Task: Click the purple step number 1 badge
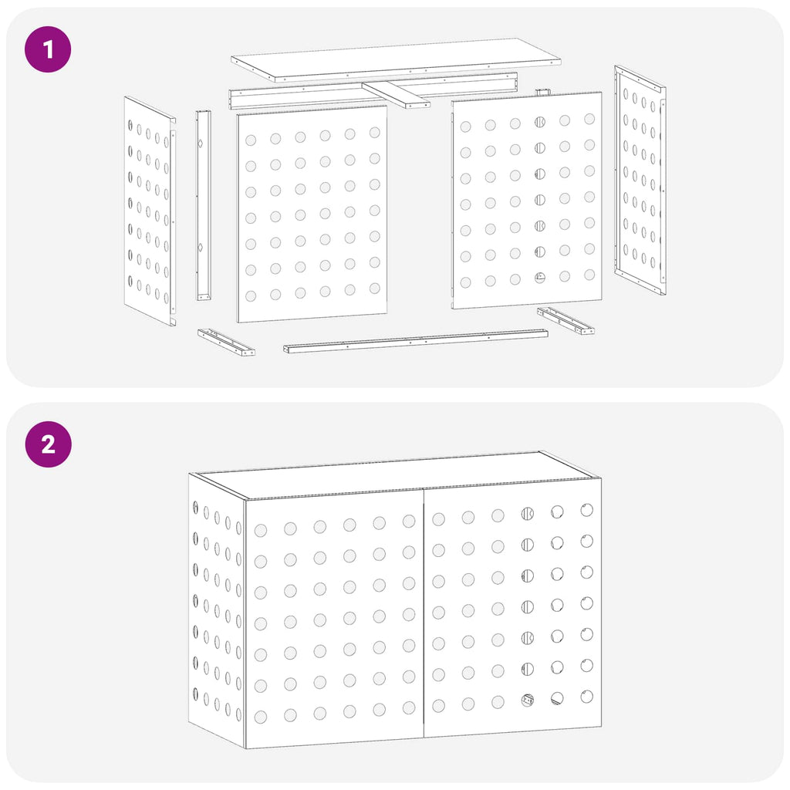pyautogui.click(x=48, y=49)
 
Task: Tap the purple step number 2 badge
pyautogui.click(x=49, y=444)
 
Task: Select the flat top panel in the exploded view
pyautogui.click(x=396, y=59)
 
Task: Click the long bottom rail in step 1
pyautogui.click(x=415, y=341)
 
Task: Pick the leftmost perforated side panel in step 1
pyautogui.click(x=150, y=211)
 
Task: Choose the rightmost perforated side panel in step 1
pyautogui.click(x=640, y=180)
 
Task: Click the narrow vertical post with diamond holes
pyautogui.click(x=204, y=205)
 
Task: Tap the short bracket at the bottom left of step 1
pyautogui.click(x=226, y=342)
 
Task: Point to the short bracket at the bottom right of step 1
pyautogui.click(x=565, y=320)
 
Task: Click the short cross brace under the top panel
pyautogui.click(x=396, y=95)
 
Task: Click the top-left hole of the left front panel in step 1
pyautogui.click(x=251, y=140)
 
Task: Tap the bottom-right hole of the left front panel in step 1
pyautogui.click(x=374, y=289)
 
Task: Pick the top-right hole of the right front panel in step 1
pyautogui.click(x=589, y=119)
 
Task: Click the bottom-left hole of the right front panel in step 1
pyautogui.click(x=465, y=282)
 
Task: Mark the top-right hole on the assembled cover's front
pyautogui.click(x=586, y=510)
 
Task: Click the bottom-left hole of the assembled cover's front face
pyautogui.click(x=261, y=717)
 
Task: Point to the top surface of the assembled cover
pyautogui.click(x=396, y=474)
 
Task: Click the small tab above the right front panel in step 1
pyautogui.click(x=542, y=93)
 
